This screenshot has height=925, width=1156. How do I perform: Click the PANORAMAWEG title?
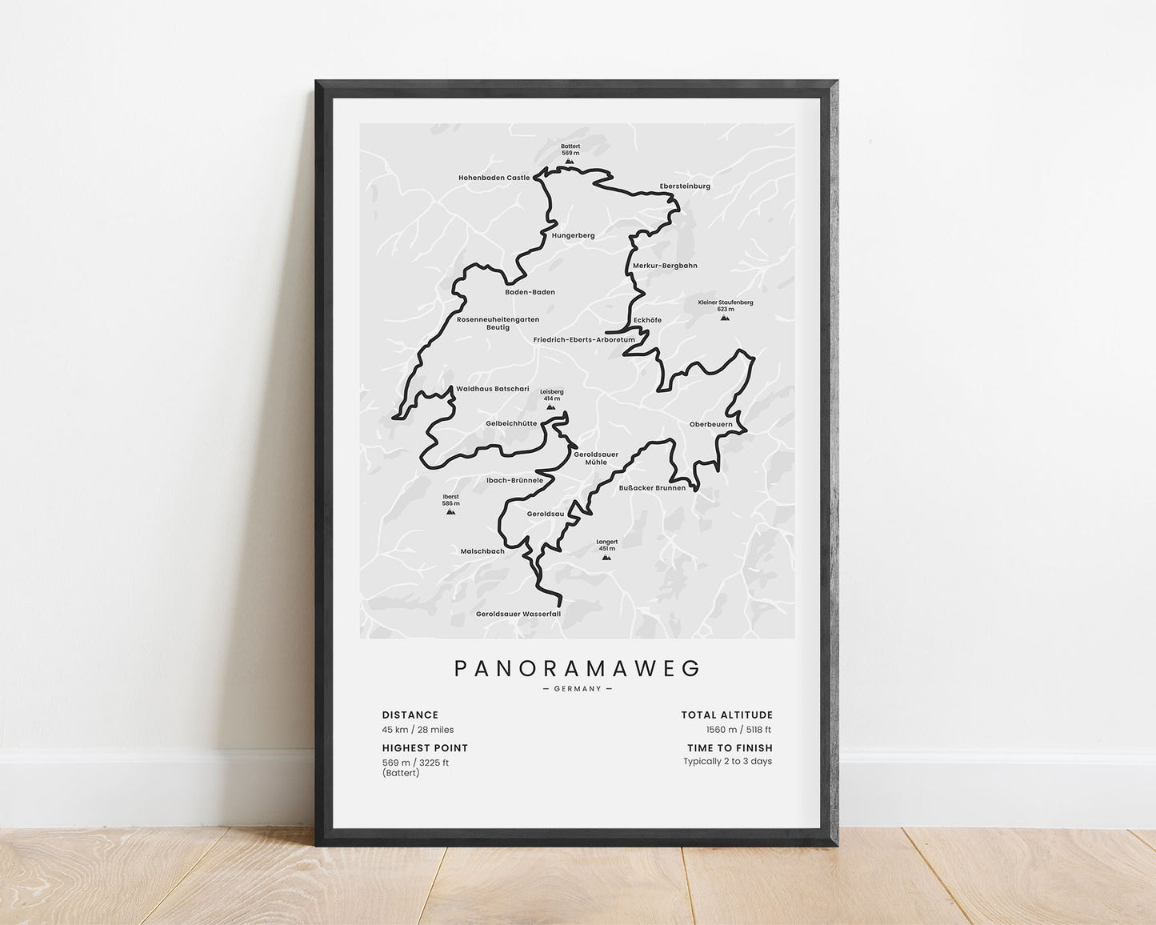pos(578,668)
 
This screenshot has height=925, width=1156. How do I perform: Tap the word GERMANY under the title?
pos(578,689)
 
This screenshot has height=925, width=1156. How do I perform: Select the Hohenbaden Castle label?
pos(494,178)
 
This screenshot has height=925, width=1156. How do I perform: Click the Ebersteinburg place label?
pos(685,186)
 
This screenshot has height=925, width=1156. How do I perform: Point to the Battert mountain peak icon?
pos(570,161)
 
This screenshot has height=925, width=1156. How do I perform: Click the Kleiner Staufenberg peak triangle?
pos(725,318)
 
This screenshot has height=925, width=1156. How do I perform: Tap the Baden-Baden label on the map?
pos(530,292)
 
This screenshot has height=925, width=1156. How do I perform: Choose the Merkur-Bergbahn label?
pos(665,265)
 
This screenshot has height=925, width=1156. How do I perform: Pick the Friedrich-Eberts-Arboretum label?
pos(584,339)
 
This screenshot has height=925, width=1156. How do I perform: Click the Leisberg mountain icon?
pos(551,406)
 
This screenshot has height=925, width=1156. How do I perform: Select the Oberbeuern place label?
pos(705,424)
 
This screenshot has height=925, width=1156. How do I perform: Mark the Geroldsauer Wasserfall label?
pos(518,614)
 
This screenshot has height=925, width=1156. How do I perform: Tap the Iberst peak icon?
pos(450,511)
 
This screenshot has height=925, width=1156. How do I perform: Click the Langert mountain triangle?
pos(606,556)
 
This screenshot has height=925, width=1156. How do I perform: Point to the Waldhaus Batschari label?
pos(492,389)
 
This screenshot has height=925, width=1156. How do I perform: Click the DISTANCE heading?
pos(410,715)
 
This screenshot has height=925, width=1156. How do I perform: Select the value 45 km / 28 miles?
pos(418,730)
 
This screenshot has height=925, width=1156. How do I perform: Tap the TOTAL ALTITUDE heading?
pos(726,715)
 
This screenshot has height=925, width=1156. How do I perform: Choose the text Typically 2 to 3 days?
pos(727,761)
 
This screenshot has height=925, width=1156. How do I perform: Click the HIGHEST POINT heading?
pos(425,748)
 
